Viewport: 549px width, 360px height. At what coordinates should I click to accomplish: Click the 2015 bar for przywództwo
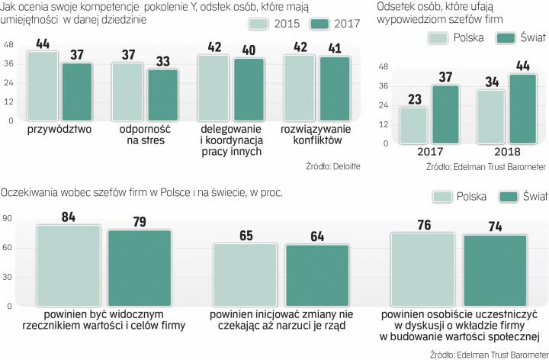coord(43,85)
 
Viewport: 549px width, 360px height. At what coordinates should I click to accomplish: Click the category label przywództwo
coord(59,130)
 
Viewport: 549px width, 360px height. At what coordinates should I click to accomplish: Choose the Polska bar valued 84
coord(68,265)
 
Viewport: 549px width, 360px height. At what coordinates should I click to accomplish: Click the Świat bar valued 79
coord(138,267)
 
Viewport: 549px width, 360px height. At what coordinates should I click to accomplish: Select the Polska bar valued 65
coord(246,274)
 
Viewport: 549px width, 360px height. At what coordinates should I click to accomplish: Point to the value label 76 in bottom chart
coord(424,224)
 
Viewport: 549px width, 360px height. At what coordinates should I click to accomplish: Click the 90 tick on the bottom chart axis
coord(8,220)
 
